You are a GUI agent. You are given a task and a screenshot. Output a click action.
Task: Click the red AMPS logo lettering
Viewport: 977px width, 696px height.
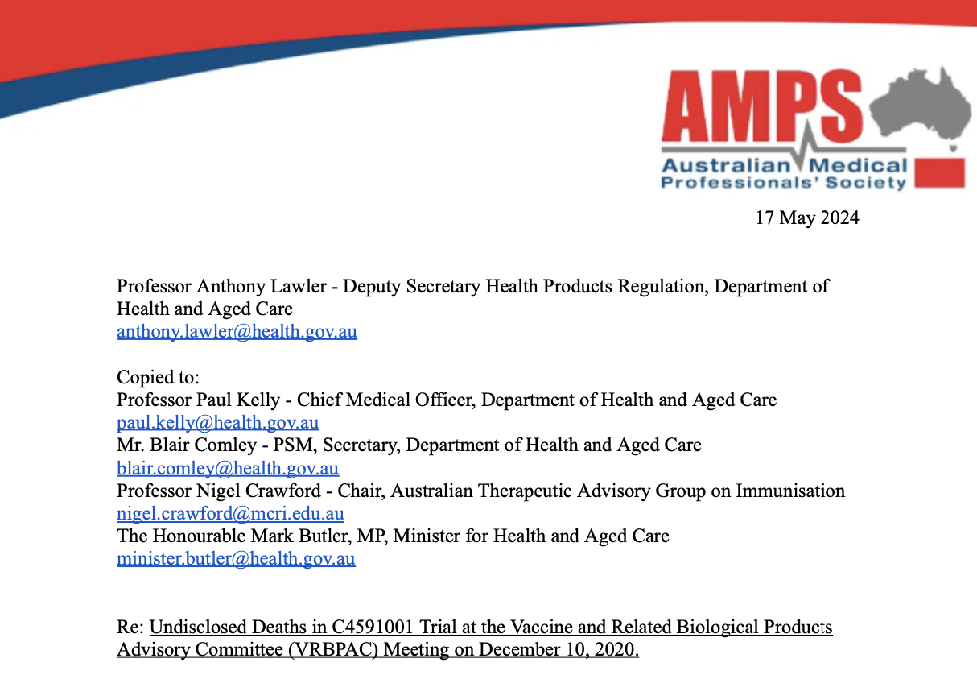coord(761,106)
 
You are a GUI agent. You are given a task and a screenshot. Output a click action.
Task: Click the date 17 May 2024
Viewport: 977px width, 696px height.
coord(806,217)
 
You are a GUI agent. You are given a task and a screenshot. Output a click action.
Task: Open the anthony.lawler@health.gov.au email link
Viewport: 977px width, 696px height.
coord(237,331)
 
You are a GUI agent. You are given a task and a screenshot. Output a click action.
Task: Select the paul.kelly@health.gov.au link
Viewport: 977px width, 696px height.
coord(217,422)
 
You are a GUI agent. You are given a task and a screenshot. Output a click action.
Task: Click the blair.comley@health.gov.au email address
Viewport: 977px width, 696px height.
coord(228,468)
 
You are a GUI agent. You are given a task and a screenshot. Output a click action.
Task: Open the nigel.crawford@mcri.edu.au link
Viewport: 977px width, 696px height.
coord(230,513)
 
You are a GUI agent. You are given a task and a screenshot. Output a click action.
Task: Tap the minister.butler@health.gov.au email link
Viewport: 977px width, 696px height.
coord(236,559)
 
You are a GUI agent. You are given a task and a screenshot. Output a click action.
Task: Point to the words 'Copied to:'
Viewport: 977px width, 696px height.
coord(158,377)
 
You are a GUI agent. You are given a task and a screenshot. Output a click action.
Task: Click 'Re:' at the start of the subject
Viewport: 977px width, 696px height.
coord(130,627)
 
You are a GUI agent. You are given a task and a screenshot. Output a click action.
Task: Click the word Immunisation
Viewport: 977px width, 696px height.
coord(790,491)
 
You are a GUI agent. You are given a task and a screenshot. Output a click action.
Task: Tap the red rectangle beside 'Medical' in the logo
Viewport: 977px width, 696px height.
coord(940,174)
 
